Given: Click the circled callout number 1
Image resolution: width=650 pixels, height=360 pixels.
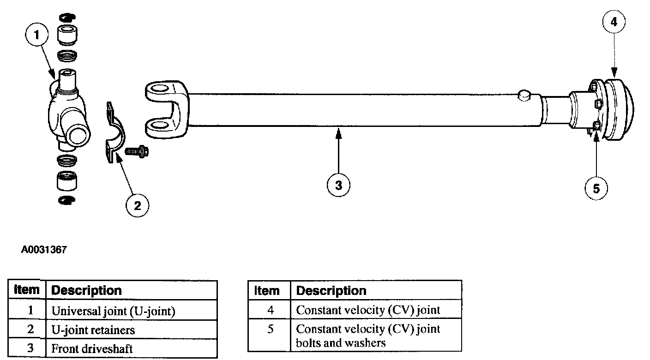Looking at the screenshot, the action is [x=36, y=35].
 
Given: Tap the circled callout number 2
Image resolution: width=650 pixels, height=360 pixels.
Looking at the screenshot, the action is [x=137, y=206].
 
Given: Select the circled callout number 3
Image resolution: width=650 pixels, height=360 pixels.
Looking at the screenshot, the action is [x=338, y=185].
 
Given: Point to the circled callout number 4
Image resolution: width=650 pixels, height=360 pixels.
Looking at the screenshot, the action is [x=614, y=22].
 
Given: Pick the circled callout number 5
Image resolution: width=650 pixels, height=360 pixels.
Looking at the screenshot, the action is [x=596, y=189].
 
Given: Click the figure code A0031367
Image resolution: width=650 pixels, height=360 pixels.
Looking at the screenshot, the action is [x=44, y=250].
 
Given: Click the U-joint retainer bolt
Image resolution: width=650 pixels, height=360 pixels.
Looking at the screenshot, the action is [x=137, y=151].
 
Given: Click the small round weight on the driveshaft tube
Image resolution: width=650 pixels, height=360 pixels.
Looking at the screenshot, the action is [x=524, y=96].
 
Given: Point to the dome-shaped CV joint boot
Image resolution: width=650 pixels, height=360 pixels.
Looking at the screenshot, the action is [x=618, y=110].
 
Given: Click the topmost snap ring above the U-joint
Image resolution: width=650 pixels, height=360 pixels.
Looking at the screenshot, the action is [x=67, y=18].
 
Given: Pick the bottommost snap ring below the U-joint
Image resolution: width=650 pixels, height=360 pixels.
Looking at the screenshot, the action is [x=67, y=200].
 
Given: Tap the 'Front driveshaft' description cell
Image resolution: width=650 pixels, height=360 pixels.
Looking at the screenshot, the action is [x=132, y=348].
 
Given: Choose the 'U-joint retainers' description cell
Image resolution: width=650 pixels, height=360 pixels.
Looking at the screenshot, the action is [x=132, y=329].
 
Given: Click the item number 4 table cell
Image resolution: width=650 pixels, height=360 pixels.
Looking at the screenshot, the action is [x=270, y=309].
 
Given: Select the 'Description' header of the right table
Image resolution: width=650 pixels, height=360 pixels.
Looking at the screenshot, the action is [x=331, y=291].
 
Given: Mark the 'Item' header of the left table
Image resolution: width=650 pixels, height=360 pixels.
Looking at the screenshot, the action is [x=27, y=290].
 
